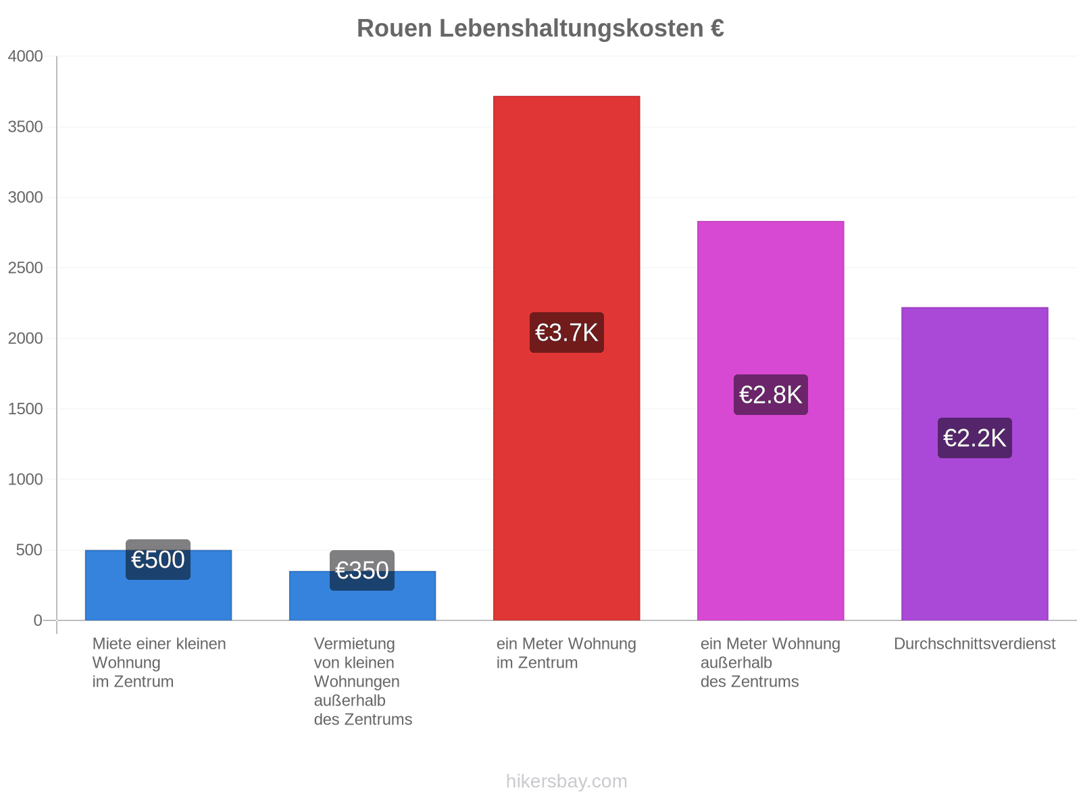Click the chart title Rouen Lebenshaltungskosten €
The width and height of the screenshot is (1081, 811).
[540, 28]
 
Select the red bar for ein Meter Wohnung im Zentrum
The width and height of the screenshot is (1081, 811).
[566, 358]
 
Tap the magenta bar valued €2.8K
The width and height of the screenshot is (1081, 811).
[770, 420]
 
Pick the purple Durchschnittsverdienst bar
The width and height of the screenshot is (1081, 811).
[975, 464]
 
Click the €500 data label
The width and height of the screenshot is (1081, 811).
[157, 560]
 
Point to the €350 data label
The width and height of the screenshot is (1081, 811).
[362, 570]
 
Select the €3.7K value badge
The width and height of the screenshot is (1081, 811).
[566, 333]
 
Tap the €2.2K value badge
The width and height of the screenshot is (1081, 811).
[975, 438]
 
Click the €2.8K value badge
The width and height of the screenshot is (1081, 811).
[770, 395]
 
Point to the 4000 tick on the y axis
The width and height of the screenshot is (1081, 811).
[25, 56]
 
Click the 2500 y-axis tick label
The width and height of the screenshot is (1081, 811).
[25, 268]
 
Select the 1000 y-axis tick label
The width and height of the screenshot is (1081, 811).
[25, 479]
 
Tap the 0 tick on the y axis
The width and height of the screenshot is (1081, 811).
[37, 620]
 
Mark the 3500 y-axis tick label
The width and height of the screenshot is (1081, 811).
[25, 126]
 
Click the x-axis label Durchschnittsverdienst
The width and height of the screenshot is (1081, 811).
[975, 643]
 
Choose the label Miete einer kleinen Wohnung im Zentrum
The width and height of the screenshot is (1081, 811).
[159, 663]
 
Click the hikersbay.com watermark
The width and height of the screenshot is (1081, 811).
[566, 781]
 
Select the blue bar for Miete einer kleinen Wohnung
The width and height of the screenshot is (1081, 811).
[158, 585]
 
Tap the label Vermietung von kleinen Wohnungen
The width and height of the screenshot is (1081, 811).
[357, 663]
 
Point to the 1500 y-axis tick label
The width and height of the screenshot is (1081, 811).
[25, 409]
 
